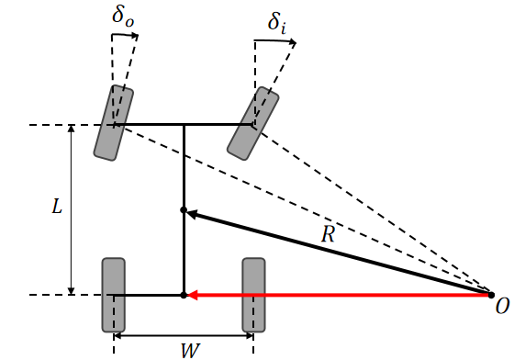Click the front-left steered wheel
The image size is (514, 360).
pyautogui.click(x=114, y=123)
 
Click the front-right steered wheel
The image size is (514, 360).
pyautogui.click(x=253, y=122)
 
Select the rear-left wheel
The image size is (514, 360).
pyautogui.click(x=113, y=295)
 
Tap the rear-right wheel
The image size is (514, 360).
pyautogui.click(x=253, y=295)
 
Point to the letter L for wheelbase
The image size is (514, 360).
pyautogui.click(x=56, y=208)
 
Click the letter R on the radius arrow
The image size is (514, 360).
pyautogui.click(x=328, y=234)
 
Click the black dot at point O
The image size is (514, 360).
pyautogui.click(x=491, y=294)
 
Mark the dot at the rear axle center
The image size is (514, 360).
pyautogui.click(x=184, y=295)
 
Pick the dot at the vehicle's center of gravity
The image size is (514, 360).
pyautogui.click(x=184, y=210)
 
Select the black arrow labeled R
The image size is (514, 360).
pyautogui.click(x=340, y=253)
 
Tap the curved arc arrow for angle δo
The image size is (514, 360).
pyautogui.click(x=125, y=36)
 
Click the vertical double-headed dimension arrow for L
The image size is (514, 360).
pyautogui.click(x=73, y=209)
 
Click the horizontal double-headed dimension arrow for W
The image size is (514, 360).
pyautogui.click(x=184, y=335)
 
